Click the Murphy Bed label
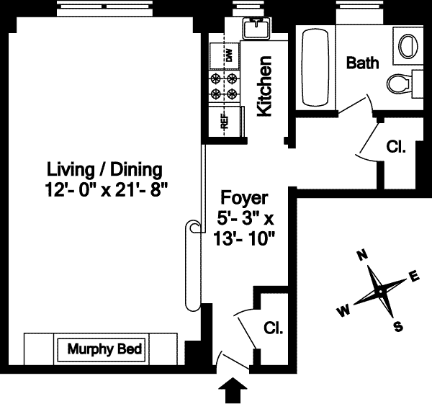click(104, 349)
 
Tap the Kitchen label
click(264, 86)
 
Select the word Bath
click(362, 63)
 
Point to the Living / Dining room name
click(104, 170)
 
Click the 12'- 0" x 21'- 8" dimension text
click(106, 190)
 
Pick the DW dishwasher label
click(229, 55)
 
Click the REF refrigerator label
click(225, 121)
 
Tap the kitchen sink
click(256, 27)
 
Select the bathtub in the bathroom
click(315, 68)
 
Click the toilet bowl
click(398, 84)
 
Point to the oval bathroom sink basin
click(408, 46)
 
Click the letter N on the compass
click(362, 256)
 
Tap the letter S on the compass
click(397, 326)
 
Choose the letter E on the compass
click(414, 276)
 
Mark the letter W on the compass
click(343, 311)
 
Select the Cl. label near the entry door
click(274, 328)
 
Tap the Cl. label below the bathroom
click(396, 147)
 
